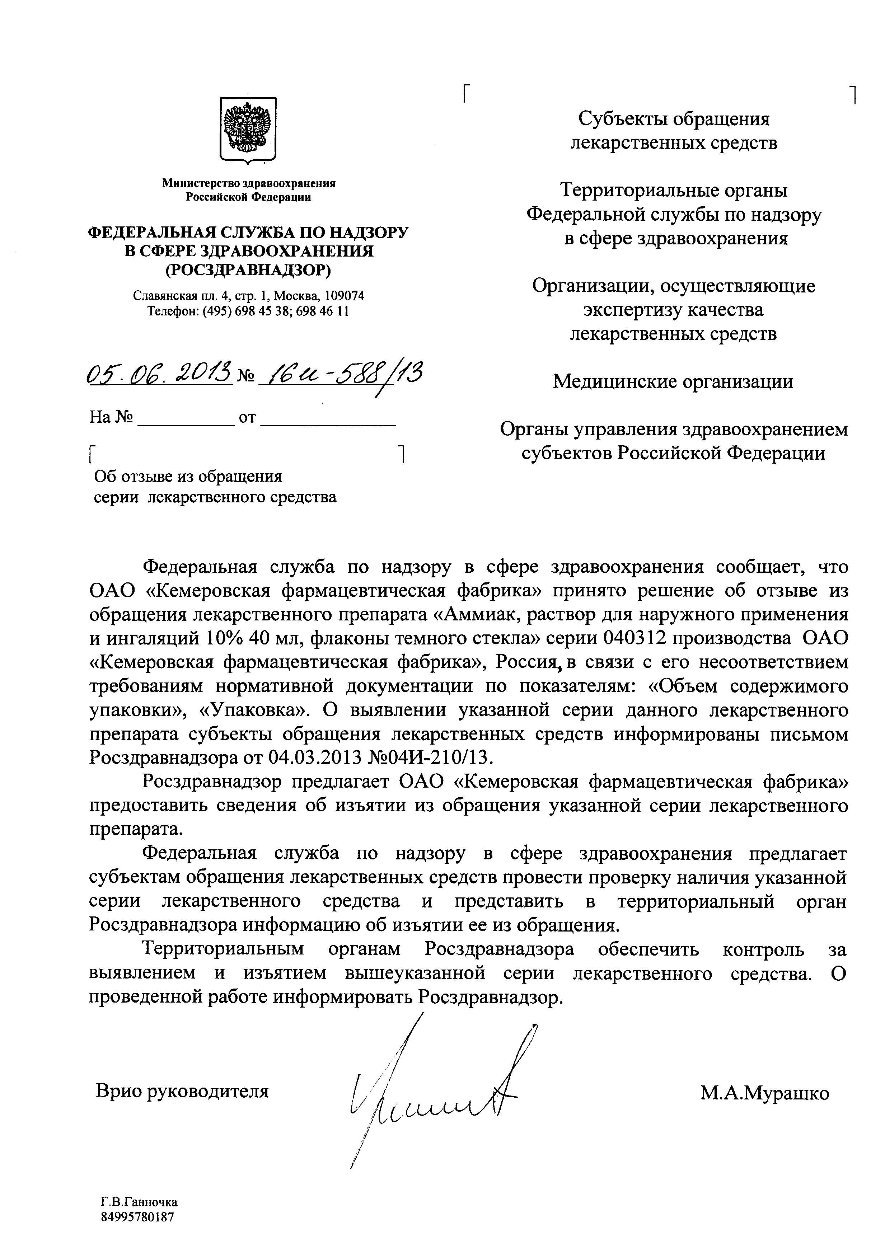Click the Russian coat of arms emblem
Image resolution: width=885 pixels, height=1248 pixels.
point(248,130)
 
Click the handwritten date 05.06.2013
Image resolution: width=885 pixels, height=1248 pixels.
point(160,375)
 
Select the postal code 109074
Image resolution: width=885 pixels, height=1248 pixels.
point(345,296)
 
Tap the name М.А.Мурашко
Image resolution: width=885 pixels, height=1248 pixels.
point(764,1078)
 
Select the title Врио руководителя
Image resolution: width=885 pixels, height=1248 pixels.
point(182,1076)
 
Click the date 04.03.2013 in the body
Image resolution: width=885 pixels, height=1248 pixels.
point(318,757)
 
